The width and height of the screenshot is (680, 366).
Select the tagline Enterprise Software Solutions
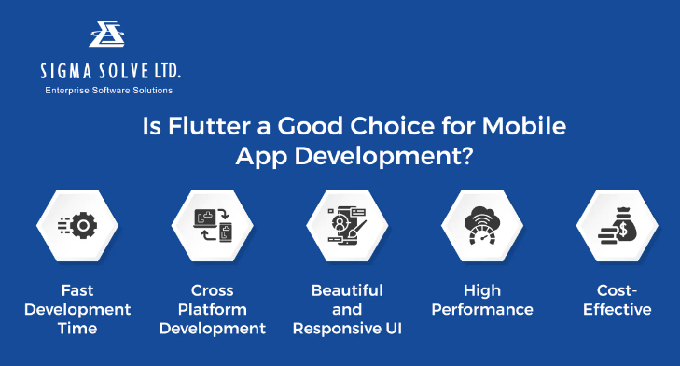click(x=109, y=91)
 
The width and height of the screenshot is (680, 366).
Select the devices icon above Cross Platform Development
click(x=212, y=226)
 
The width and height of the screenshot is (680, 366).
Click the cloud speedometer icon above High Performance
click(x=483, y=226)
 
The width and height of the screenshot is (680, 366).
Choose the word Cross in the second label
click(x=213, y=290)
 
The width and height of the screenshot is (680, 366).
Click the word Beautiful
click(x=346, y=290)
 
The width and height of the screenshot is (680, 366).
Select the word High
click(x=482, y=290)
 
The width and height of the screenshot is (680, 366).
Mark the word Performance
click(x=482, y=309)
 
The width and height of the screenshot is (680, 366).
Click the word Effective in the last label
click(x=617, y=309)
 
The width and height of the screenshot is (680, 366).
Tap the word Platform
click(x=213, y=309)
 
